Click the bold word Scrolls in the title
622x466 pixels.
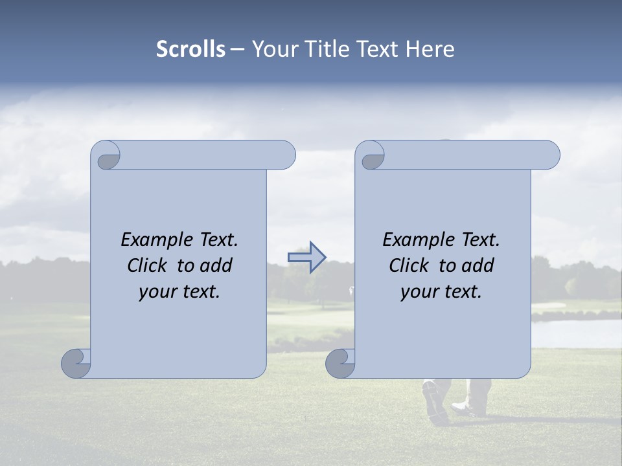click(x=191, y=49)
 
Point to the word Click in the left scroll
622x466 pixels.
click(x=149, y=265)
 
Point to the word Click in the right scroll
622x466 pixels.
click(x=411, y=265)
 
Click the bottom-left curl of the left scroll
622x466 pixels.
click(x=76, y=363)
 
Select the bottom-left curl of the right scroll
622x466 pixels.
click(x=340, y=363)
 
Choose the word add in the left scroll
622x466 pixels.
click(x=216, y=265)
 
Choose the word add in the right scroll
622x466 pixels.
click(x=478, y=265)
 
